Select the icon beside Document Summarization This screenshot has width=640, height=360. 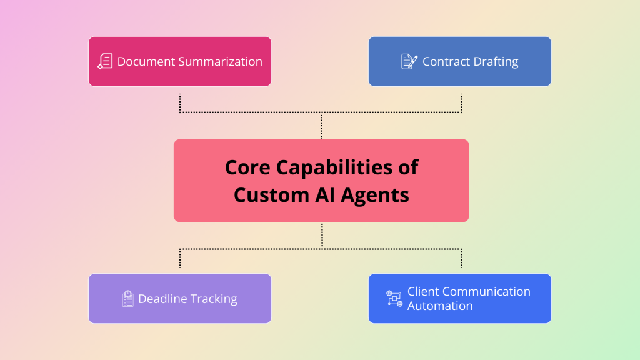point(105,61)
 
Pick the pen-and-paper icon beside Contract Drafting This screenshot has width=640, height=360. point(409,61)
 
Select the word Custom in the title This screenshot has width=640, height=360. point(269,194)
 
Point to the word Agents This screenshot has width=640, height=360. point(376,194)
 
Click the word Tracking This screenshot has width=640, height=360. point(214,299)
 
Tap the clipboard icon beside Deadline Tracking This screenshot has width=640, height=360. point(128,299)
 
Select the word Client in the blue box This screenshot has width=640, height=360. point(423,291)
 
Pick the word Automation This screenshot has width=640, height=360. point(440,306)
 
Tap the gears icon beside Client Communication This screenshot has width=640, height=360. point(394,298)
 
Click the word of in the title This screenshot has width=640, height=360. point(407,167)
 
